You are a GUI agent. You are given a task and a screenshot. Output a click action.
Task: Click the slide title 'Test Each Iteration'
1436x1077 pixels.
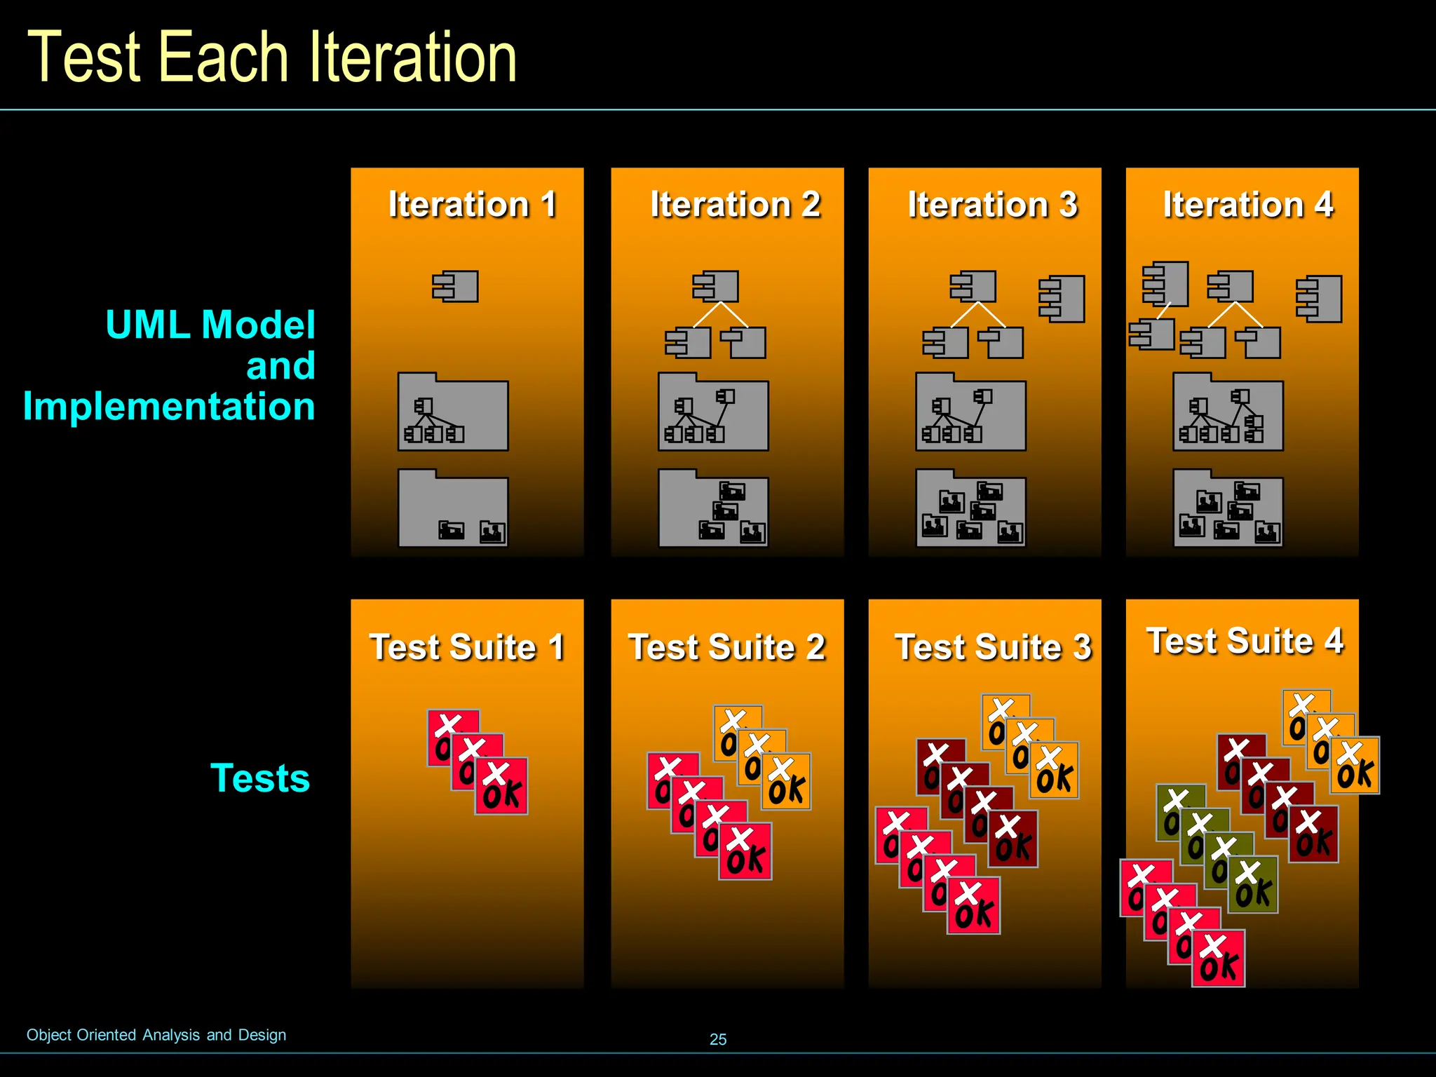pos(272,57)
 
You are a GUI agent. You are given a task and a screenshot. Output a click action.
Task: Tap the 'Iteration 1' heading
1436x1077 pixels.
pos(473,205)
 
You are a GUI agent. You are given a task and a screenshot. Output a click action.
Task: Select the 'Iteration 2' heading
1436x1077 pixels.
pos(735,205)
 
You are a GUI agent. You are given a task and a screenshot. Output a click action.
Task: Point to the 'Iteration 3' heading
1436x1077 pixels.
pos(992,205)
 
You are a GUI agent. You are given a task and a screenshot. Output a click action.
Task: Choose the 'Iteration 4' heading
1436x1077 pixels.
pos(1248,205)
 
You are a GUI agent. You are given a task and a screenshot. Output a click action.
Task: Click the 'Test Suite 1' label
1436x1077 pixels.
pos(467,646)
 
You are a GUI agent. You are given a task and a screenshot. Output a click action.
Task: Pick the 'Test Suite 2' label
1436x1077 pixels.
pos(727,646)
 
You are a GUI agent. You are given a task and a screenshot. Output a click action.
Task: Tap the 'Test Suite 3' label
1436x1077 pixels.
pos(993,646)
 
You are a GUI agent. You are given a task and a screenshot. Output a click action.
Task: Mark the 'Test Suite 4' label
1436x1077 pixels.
pos(1245,641)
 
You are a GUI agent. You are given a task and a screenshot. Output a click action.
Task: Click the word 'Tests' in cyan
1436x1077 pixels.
pos(260,778)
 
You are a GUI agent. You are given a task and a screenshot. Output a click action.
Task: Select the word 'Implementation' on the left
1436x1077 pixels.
pos(169,407)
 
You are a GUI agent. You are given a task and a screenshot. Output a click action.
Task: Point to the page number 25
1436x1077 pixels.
pos(718,1039)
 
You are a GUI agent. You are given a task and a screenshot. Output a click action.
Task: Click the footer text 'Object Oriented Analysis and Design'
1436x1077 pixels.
pos(156,1035)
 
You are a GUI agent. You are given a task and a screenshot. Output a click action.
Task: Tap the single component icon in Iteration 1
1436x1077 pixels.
pos(456,287)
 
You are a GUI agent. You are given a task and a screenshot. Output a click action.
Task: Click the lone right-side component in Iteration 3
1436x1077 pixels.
pos(1062,299)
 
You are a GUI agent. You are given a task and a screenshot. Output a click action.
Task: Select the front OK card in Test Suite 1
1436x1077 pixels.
pos(502,787)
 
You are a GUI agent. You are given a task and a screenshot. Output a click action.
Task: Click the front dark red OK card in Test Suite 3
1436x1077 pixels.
pos(1014,840)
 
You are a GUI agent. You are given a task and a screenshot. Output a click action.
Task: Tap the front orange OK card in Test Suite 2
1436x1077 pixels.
pos(787,783)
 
